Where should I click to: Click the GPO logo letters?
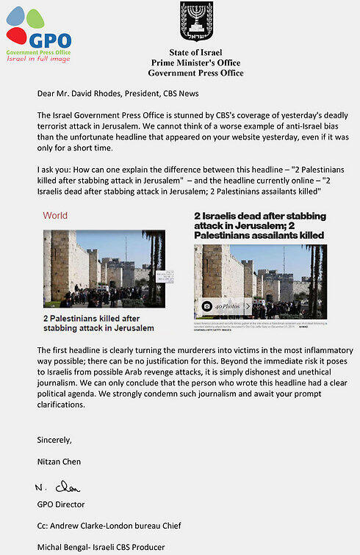50,40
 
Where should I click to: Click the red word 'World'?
55,216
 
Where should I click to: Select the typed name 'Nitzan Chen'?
60,462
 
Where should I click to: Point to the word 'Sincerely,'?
57,440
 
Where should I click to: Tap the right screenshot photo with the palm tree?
260,280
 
